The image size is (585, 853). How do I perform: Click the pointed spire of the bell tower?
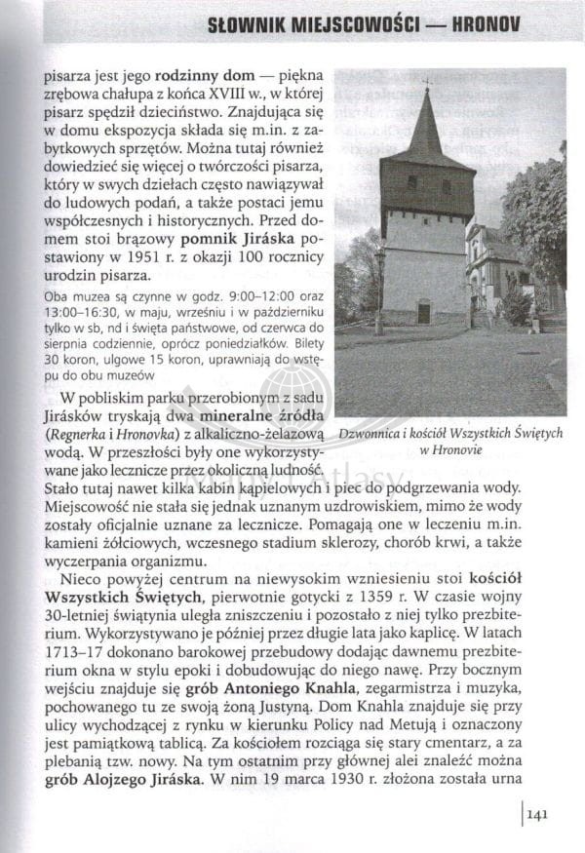(426, 122)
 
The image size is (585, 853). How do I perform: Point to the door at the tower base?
(423, 312)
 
